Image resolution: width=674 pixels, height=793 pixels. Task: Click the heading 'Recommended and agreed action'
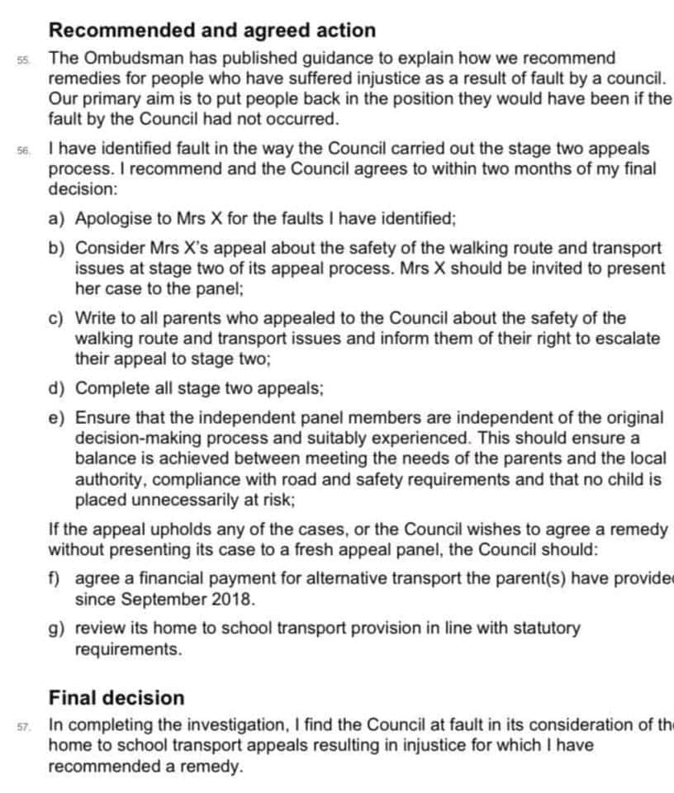211,31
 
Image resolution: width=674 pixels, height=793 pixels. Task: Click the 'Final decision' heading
116,697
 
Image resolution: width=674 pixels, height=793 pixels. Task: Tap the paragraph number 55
22,60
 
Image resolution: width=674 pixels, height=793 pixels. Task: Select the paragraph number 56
22,151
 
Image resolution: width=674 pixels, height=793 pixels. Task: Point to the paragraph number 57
22,727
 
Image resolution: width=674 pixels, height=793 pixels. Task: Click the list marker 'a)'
58,219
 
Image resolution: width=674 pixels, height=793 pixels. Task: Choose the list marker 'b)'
58,248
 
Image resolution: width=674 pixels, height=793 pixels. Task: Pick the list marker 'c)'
58,318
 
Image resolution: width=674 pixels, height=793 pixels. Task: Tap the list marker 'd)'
58,388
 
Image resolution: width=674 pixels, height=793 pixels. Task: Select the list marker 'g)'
58,629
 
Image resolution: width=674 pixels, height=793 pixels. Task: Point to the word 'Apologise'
112,219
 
